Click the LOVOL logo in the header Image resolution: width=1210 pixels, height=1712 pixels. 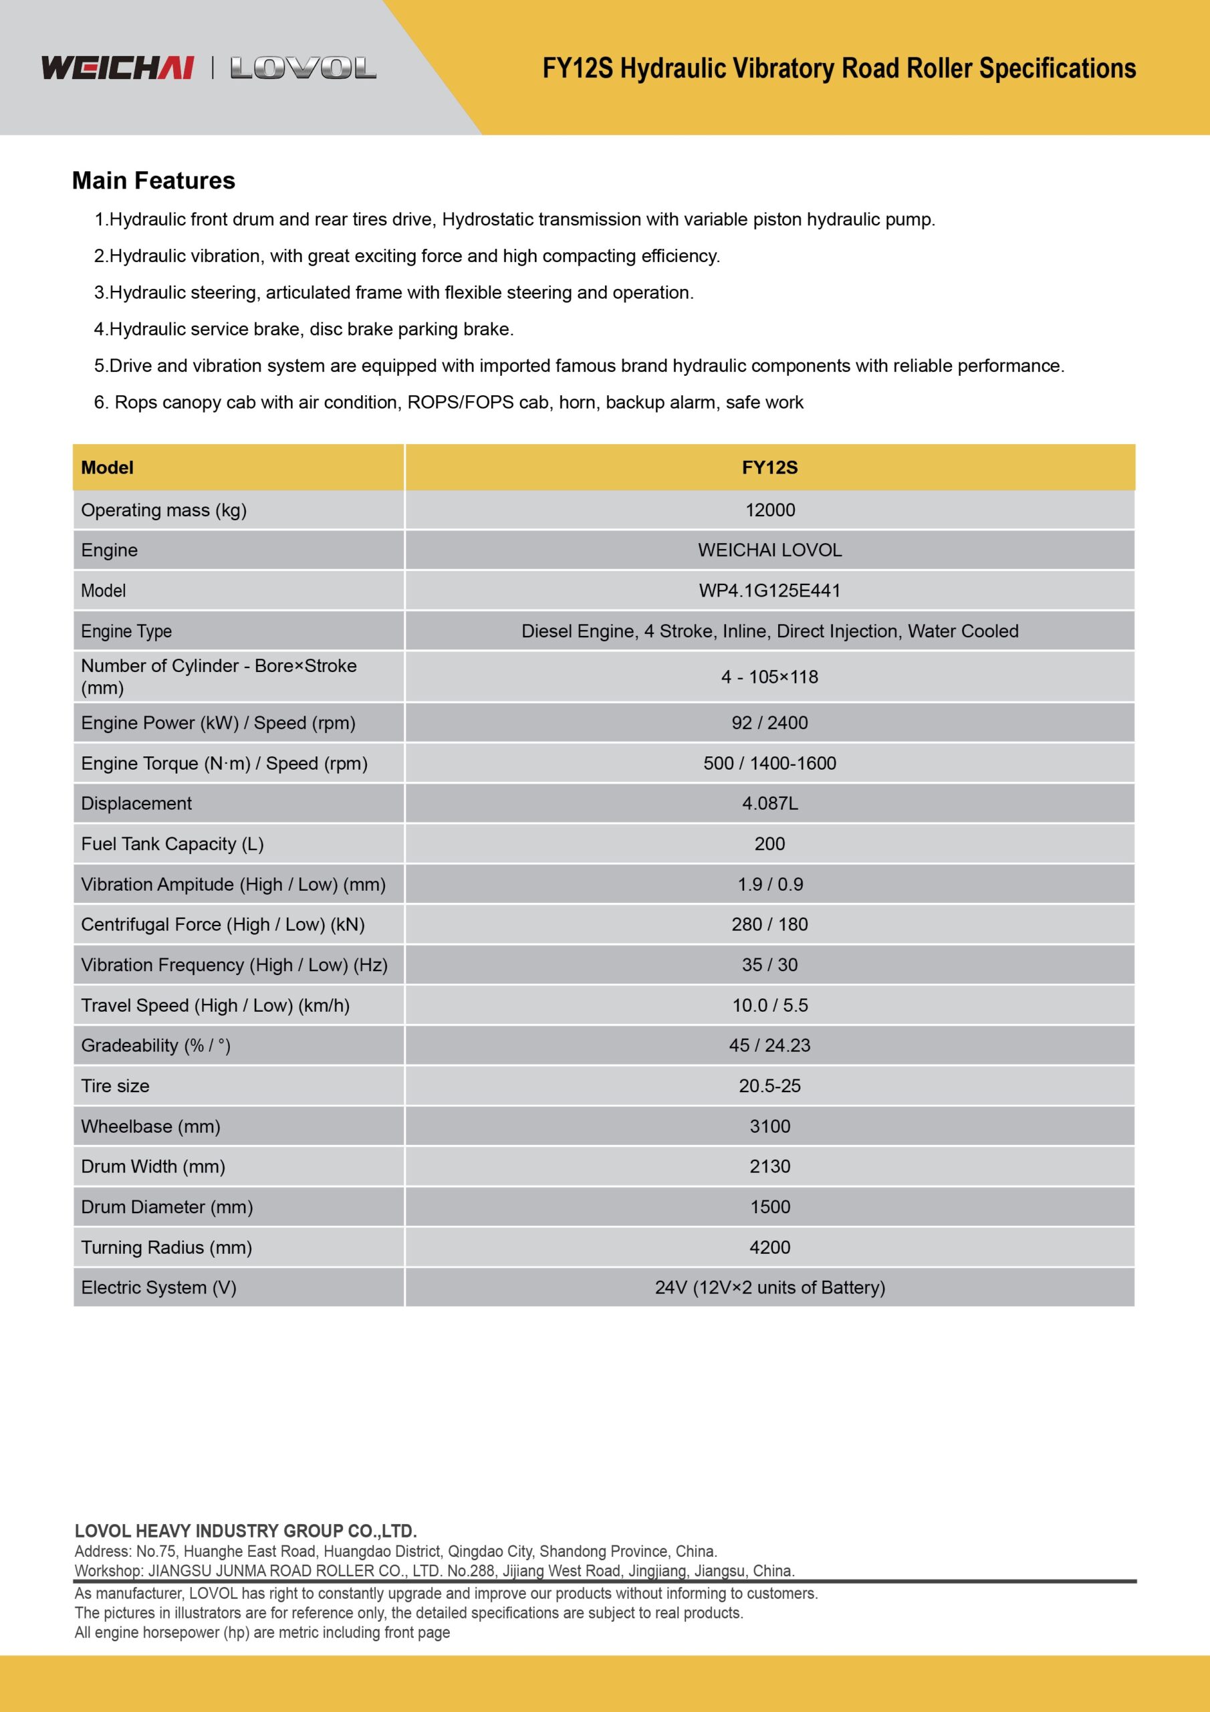(304, 69)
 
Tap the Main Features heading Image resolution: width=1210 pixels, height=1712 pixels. (154, 181)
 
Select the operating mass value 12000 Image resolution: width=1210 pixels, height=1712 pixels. (769, 510)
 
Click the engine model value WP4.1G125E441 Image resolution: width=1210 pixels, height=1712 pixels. (769, 591)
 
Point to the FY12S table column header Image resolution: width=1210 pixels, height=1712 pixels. (769, 467)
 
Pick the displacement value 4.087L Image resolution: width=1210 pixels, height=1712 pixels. (769, 803)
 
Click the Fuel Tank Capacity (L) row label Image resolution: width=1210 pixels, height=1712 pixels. (172, 843)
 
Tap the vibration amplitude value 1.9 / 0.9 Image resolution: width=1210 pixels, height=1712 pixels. (769, 884)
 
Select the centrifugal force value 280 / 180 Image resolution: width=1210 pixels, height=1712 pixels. (769, 925)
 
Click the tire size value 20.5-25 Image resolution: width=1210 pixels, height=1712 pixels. (769, 1085)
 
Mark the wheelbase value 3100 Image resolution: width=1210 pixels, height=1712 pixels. (769, 1126)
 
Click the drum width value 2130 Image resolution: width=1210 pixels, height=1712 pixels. (769, 1166)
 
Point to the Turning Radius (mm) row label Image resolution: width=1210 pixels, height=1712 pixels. (166, 1247)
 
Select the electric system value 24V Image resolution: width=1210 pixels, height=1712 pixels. (769, 1288)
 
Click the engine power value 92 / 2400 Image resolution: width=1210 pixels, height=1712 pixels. (769, 722)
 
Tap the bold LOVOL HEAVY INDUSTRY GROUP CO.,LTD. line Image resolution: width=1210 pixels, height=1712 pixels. (245, 1531)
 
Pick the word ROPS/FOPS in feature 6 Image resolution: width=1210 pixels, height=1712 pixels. (460, 403)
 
